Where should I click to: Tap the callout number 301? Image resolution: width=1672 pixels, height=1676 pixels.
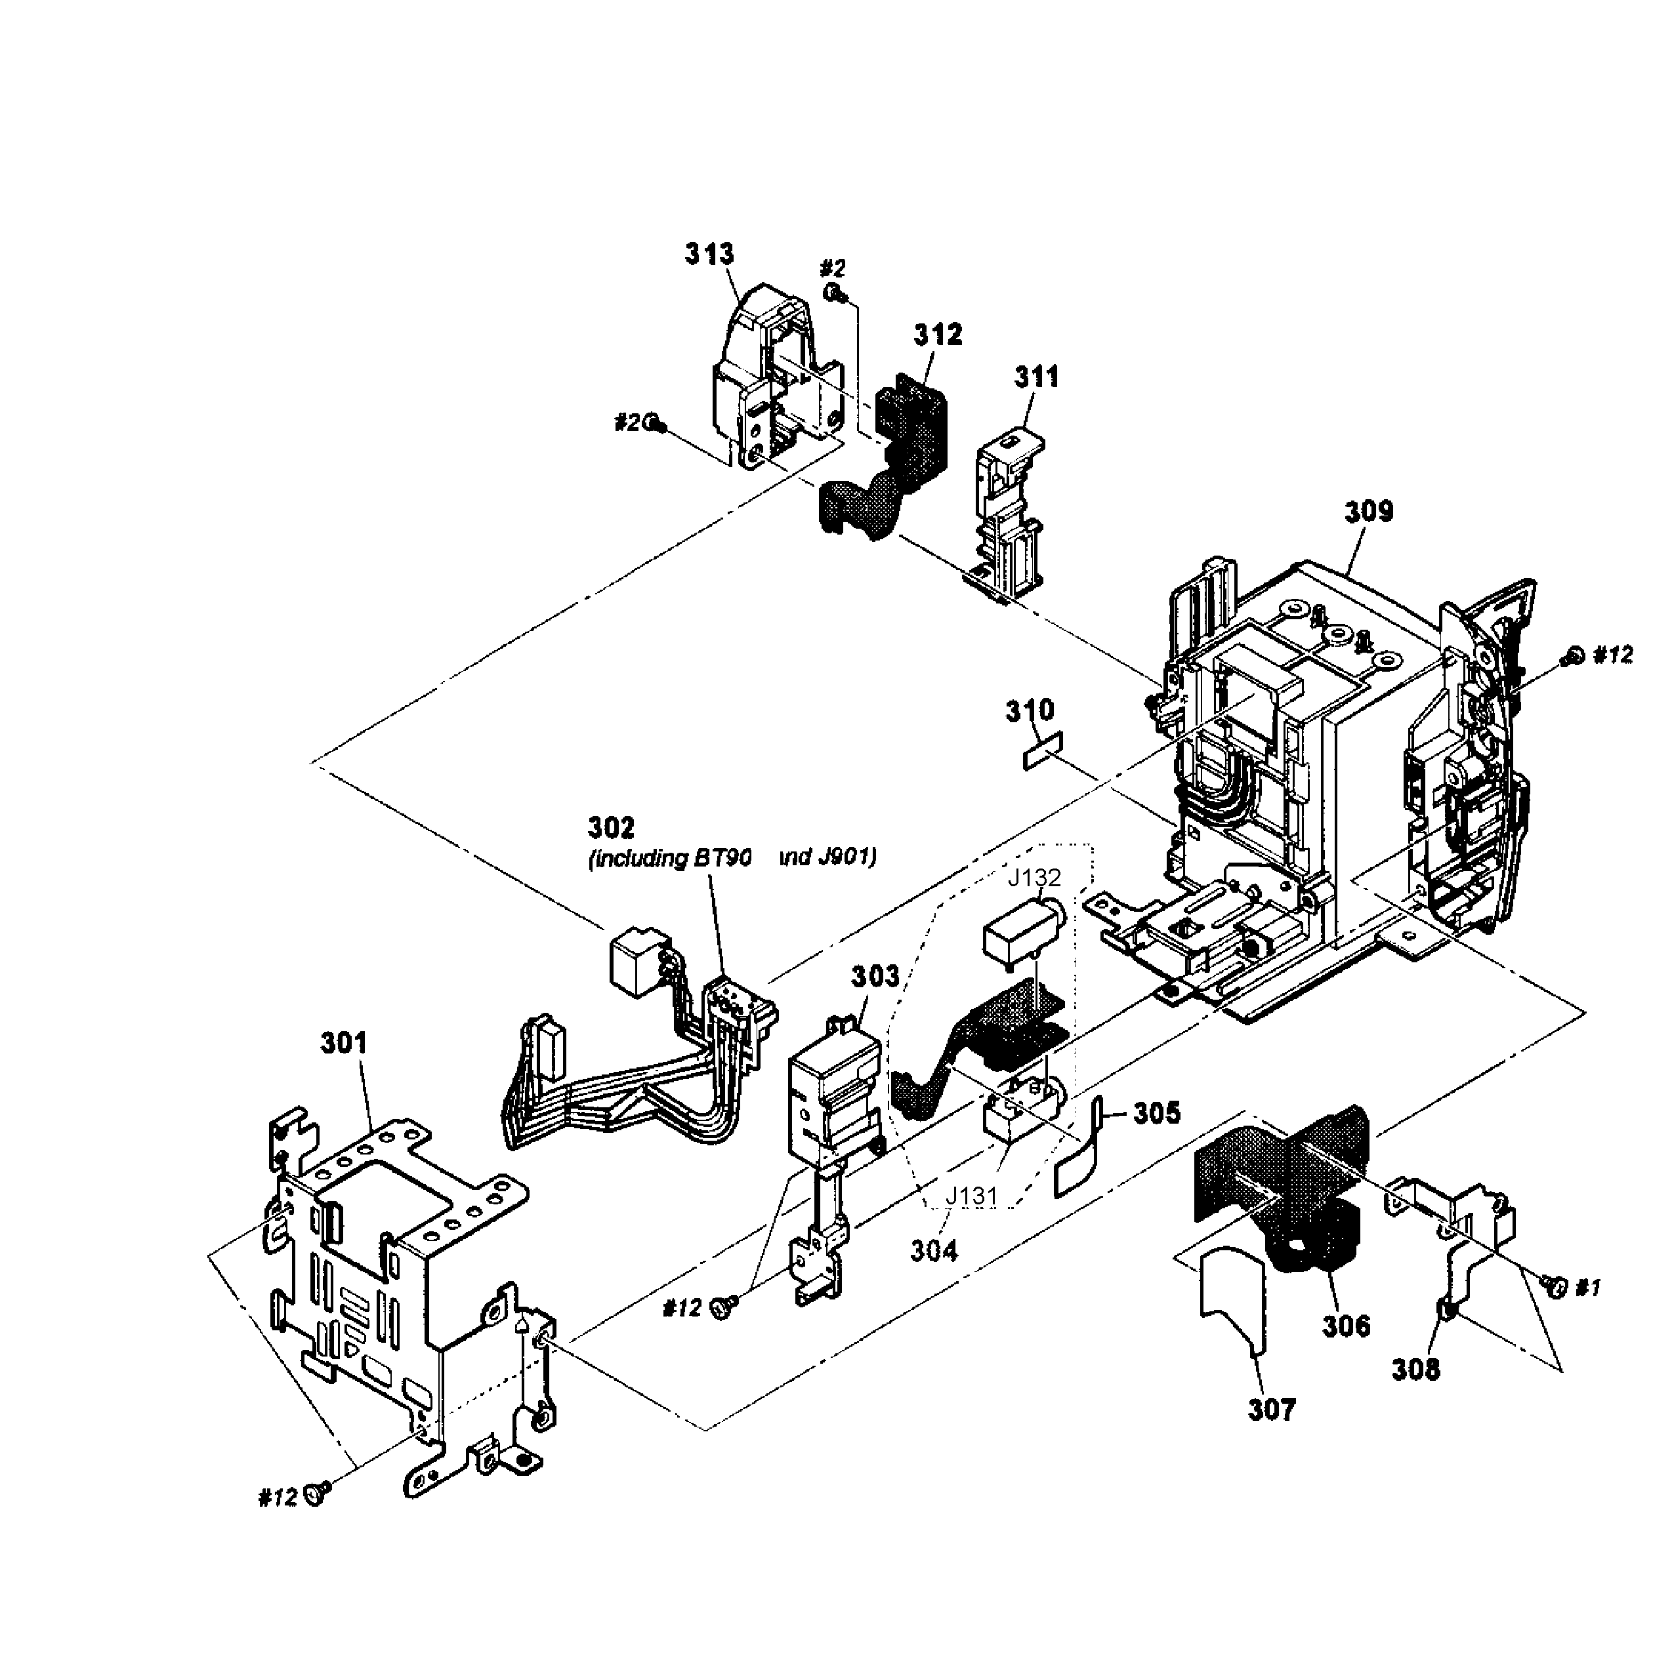coord(344,1043)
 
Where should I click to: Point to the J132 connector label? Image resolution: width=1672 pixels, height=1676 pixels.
coord(1034,878)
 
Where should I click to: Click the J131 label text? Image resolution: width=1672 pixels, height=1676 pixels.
coord(972,1196)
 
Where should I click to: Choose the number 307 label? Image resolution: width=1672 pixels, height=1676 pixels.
coord(1271,1410)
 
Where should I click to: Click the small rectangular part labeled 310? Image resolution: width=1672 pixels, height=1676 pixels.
coord(1042,750)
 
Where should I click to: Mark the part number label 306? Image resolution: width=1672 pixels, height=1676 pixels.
coord(1346,1326)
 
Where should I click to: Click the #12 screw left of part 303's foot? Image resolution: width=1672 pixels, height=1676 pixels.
coord(722,1307)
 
